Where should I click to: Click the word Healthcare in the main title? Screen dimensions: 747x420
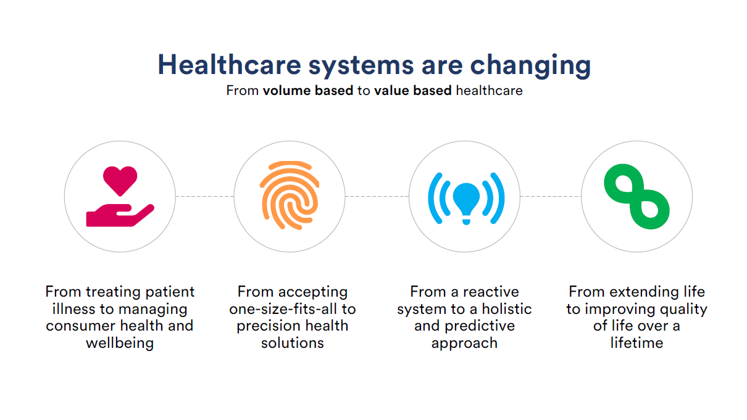point(230,65)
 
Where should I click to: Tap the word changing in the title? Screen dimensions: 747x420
point(530,66)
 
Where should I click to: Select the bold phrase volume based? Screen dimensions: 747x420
point(308,91)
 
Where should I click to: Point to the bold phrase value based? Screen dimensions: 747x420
point(412,91)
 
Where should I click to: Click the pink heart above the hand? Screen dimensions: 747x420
point(120,180)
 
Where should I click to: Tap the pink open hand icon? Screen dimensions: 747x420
point(120,215)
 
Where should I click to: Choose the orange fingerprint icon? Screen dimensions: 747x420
point(290,196)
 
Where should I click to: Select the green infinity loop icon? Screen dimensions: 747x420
point(636,197)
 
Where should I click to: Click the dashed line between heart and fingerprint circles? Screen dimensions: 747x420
point(205,197)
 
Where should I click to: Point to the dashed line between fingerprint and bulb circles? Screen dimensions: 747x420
point(377,197)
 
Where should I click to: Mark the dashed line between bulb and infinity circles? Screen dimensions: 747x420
point(551,197)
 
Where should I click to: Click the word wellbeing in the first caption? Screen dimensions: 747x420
point(120,343)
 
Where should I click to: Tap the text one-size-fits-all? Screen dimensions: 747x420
point(283,309)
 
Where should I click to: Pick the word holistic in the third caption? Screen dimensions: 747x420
point(507,309)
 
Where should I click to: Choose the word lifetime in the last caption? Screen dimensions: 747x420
point(636,343)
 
